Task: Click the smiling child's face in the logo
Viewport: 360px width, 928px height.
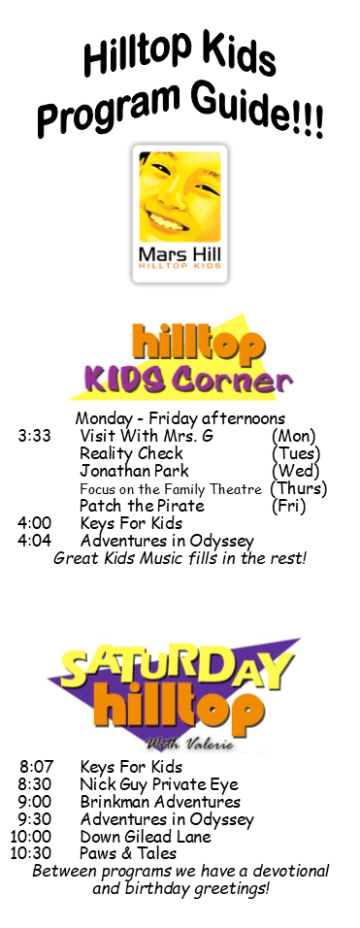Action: (180, 196)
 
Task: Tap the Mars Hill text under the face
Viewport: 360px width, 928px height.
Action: (180, 254)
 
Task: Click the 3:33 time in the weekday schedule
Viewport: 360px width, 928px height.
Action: (34, 437)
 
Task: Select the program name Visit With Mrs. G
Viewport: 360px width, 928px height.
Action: (146, 437)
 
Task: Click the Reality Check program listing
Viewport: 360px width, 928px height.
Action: (131, 454)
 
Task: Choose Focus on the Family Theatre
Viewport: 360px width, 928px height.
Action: (170, 489)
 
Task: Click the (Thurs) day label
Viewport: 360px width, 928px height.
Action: (299, 489)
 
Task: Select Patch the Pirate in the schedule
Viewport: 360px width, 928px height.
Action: (142, 506)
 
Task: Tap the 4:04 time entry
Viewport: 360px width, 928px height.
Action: (34, 541)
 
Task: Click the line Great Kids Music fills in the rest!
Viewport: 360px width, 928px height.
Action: (180, 559)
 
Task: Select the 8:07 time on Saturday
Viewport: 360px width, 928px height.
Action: (36, 768)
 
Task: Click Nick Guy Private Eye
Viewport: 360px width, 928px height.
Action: (159, 785)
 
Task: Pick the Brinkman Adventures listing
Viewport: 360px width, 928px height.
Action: (160, 802)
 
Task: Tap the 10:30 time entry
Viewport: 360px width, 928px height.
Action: (31, 853)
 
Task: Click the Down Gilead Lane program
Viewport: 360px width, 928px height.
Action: (146, 837)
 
